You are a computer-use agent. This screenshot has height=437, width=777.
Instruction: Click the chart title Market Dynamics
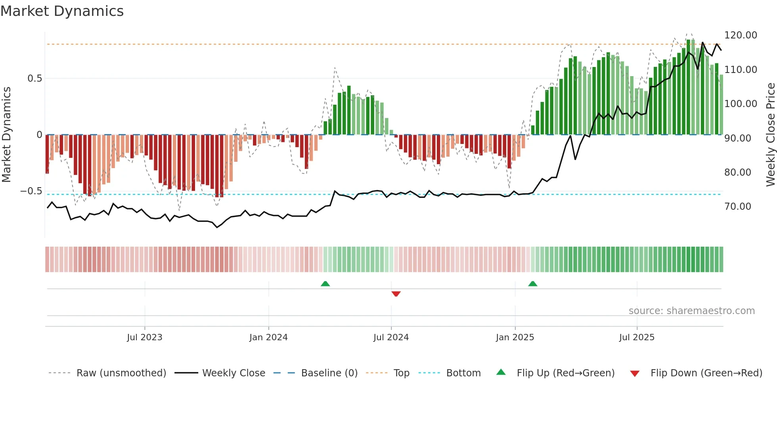pos(62,11)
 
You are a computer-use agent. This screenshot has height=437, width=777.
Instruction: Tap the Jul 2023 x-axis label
pos(144,337)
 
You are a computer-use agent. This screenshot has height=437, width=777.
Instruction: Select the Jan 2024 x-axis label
pos(268,337)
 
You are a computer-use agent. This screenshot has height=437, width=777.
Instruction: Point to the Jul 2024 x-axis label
pos(391,337)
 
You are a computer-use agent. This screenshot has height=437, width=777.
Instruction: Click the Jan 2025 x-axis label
pos(515,337)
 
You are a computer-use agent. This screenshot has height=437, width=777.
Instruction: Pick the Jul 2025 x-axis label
pos(637,337)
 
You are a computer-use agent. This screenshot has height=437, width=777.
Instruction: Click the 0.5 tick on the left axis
pos(34,79)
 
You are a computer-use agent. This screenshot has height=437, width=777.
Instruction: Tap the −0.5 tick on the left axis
pos(31,191)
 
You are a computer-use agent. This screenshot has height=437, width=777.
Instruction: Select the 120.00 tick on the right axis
pos(741,35)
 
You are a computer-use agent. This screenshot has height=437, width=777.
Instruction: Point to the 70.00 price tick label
pos(738,207)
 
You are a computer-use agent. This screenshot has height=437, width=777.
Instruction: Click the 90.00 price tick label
pos(738,138)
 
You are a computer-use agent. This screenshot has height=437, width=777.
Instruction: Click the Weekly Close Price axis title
pos(770,135)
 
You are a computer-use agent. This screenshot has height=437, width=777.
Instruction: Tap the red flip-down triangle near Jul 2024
pos(396,294)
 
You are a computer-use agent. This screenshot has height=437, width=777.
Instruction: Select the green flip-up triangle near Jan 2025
pos(533,284)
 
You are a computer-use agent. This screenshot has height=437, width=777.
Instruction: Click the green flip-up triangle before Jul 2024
pos(325,284)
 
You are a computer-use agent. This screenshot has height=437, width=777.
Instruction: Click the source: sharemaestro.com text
pos(691,311)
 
